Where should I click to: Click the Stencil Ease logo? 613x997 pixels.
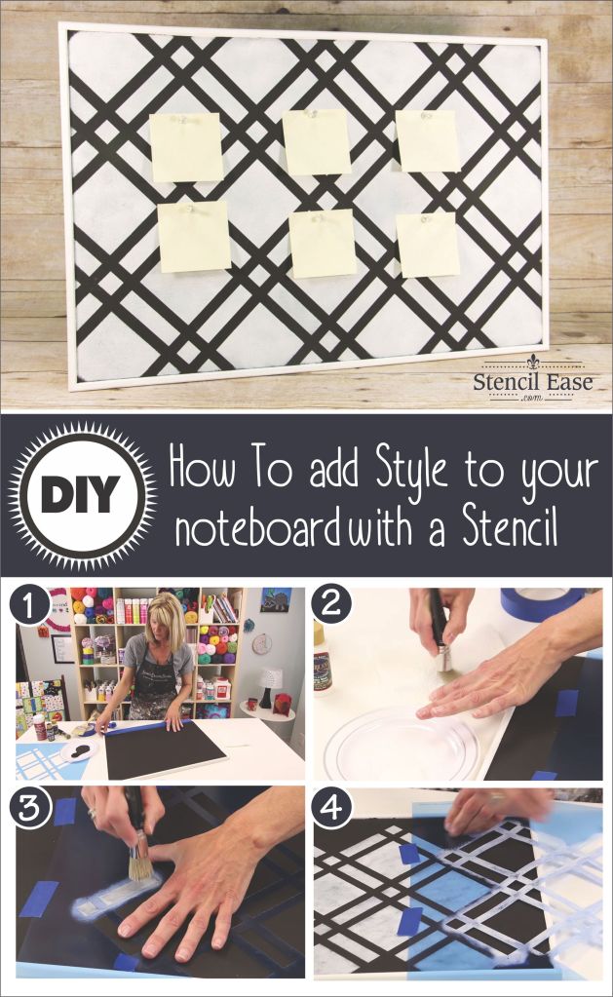(533, 381)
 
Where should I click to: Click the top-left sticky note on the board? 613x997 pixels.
(185, 146)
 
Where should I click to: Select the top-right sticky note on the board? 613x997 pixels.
(427, 140)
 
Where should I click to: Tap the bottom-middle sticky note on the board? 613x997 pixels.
(323, 243)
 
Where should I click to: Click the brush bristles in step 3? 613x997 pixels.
(140, 863)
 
